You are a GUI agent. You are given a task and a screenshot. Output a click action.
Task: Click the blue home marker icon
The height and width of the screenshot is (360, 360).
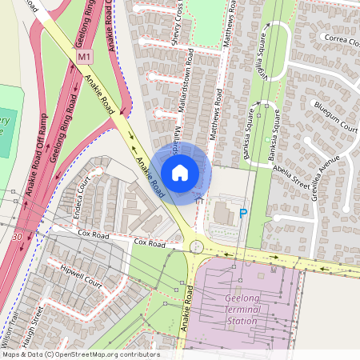180,173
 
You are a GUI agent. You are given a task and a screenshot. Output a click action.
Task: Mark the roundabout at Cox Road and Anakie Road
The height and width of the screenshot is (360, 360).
196,247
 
